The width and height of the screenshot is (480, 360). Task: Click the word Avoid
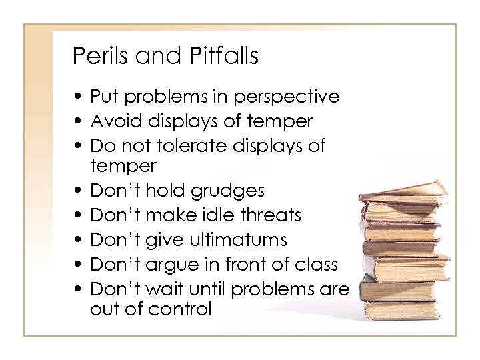[111, 121]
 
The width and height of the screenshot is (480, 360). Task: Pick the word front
[261, 263]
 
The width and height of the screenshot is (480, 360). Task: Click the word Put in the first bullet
[103, 97]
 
